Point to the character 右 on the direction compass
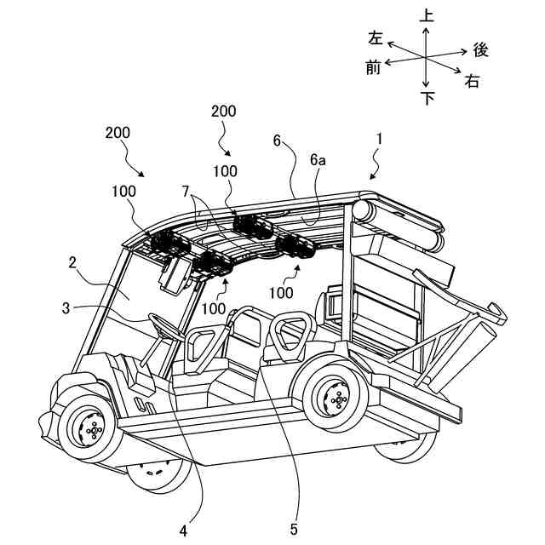point(473,82)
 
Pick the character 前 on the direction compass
point(373,67)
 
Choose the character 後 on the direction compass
point(480,50)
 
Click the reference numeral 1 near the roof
point(380,137)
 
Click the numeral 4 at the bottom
point(183,530)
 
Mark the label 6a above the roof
point(318,159)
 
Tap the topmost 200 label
point(224,112)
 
